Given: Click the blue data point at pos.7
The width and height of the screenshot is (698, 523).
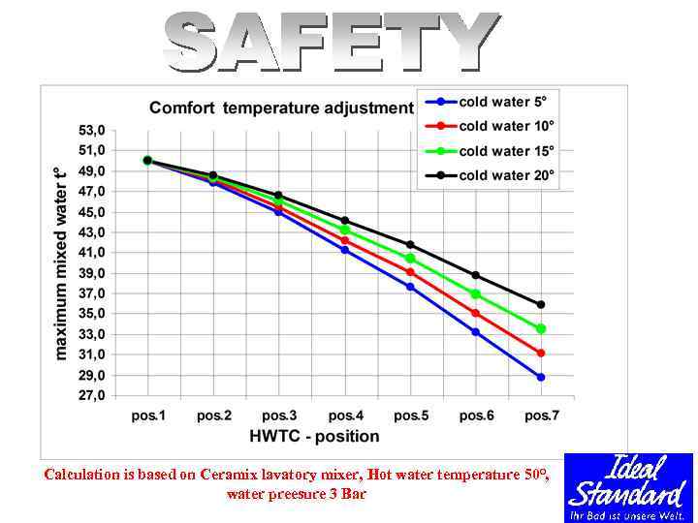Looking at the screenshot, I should [541, 377].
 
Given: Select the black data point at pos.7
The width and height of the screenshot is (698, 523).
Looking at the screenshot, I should [541, 304].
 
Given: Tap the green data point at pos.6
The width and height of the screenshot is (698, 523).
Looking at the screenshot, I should [475, 293].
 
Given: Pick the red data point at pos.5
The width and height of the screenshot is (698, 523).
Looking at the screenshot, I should [410, 272].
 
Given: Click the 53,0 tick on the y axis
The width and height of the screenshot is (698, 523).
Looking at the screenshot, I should [92, 130].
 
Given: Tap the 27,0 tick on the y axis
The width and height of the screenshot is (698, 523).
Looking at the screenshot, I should [92, 396].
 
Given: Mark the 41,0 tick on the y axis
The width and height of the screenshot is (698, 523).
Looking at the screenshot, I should [92, 253].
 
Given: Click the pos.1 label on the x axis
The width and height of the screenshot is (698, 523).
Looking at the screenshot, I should [148, 415].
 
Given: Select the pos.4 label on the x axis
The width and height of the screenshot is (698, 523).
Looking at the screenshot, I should [345, 415].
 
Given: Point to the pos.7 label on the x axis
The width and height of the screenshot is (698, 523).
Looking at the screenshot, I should [542, 415].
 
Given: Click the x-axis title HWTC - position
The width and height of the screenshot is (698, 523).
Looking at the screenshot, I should [314, 436].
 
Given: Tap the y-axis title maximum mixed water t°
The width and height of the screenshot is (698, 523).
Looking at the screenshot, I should [61, 262].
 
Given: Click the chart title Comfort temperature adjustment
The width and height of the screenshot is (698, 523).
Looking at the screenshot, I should [281, 108].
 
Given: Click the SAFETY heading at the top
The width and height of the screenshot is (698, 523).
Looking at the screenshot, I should [331, 43].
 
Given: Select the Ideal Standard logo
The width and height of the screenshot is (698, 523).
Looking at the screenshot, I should [628, 487].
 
